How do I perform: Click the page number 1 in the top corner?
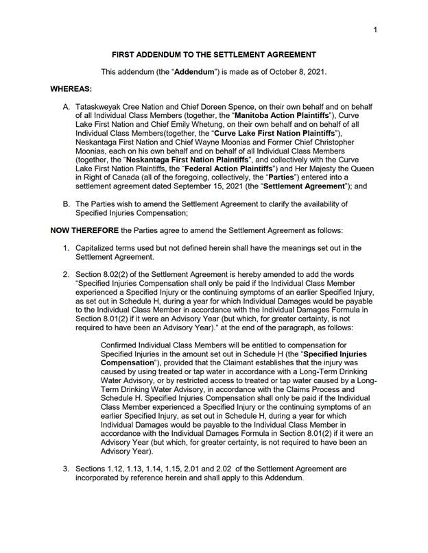click(x=377, y=30)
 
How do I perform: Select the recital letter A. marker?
click(x=67, y=108)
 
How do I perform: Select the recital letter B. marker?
click(x=67, y=204)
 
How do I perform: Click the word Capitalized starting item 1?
click(x=97, y=247)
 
